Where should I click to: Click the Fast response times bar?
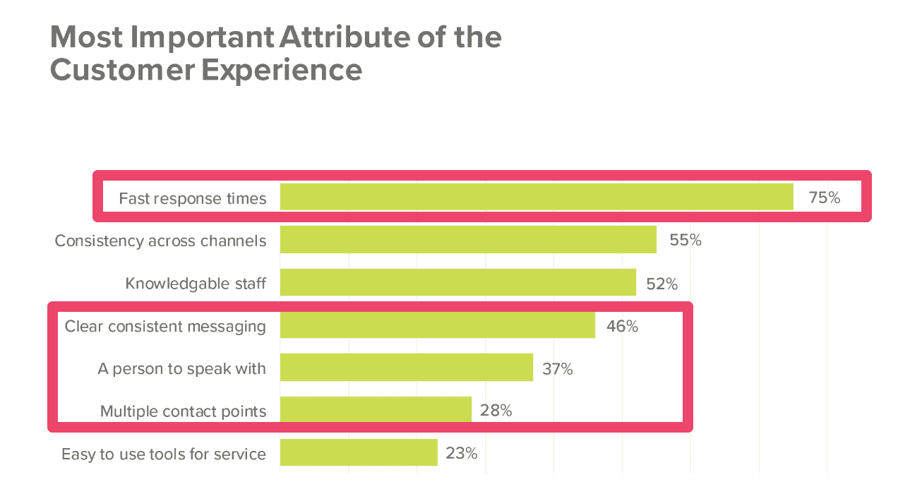point(537,197)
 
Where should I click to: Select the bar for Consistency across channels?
point(468,240)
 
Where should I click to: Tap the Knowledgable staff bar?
point(457,282)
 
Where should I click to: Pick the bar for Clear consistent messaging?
point(437,325)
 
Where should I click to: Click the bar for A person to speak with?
point(406,368)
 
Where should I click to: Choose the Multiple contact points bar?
point(376,409)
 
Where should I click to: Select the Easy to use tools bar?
point(359,452)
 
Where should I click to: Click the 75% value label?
point(824,198)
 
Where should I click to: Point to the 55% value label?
point(685,240)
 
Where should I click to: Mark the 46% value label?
point(621,326)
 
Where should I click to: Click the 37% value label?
point(557,368)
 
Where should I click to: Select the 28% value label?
point(496,410)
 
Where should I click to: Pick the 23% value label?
point(461,453)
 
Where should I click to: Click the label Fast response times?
point(192,198)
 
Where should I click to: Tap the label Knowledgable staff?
point(196,284)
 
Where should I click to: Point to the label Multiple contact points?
point(183,411)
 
